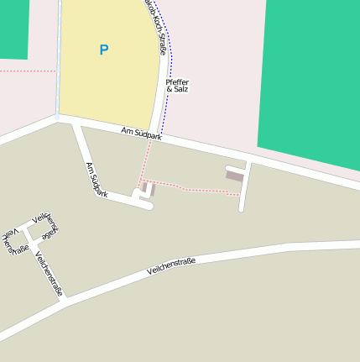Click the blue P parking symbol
(104, 50)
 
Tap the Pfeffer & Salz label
(177, 85)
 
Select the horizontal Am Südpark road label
(141, 133)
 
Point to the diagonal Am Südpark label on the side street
(97, 179)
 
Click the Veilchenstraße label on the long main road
(170, 266)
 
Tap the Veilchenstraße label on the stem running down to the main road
(50, 274)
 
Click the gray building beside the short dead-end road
(235, 175)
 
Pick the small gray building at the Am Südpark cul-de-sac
(149, 188)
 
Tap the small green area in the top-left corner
(13, 29)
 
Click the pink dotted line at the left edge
(25, 71)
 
